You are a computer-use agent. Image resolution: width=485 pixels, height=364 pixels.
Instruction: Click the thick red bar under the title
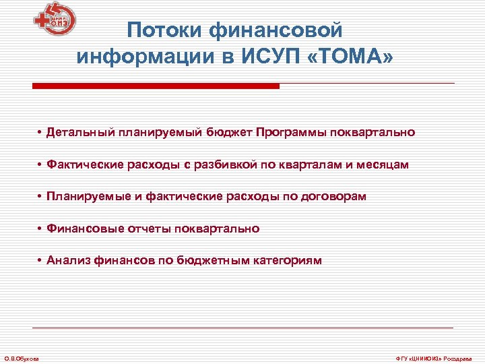point(156,86)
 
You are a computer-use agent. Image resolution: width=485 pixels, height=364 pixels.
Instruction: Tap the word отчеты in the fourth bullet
point(149,229)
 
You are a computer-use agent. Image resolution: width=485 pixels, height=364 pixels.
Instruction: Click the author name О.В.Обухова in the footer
point(22,358)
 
